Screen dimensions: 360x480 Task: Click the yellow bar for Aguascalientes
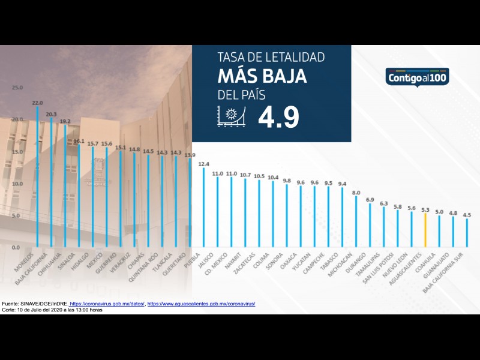tap(425, 230)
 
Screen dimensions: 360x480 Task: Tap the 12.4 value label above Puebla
tap(203, 163)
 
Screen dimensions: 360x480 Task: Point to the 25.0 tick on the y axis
tap(17, 88)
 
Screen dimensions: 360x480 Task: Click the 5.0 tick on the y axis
tap(17, 215)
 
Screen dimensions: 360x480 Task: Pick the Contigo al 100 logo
tap(418, 77)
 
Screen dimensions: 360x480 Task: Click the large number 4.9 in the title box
tap(278, 118)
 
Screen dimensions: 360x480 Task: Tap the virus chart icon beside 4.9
tap(231, 117)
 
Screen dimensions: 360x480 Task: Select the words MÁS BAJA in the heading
tap(262, 77)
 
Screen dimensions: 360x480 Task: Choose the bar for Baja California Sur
tap(467, 233)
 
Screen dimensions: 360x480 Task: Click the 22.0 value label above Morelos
tap(37, 103)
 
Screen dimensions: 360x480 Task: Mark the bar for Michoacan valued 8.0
tap(356, 221)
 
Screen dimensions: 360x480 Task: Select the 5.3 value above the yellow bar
tap(425, 209)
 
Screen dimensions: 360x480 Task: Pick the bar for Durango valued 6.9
tap(370, 225)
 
